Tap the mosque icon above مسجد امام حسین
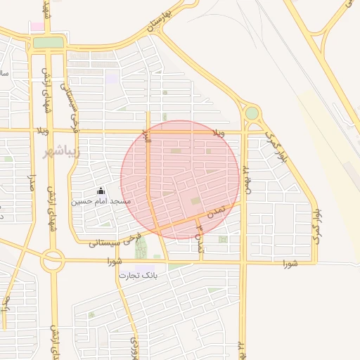(101, 191)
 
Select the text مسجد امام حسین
(101, 201)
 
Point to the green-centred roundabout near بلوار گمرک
(252, 112)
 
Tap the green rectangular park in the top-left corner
(48, 43)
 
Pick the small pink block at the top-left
(37, 27)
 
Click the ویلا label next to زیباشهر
(42, 131)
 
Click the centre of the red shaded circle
(180, 179)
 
